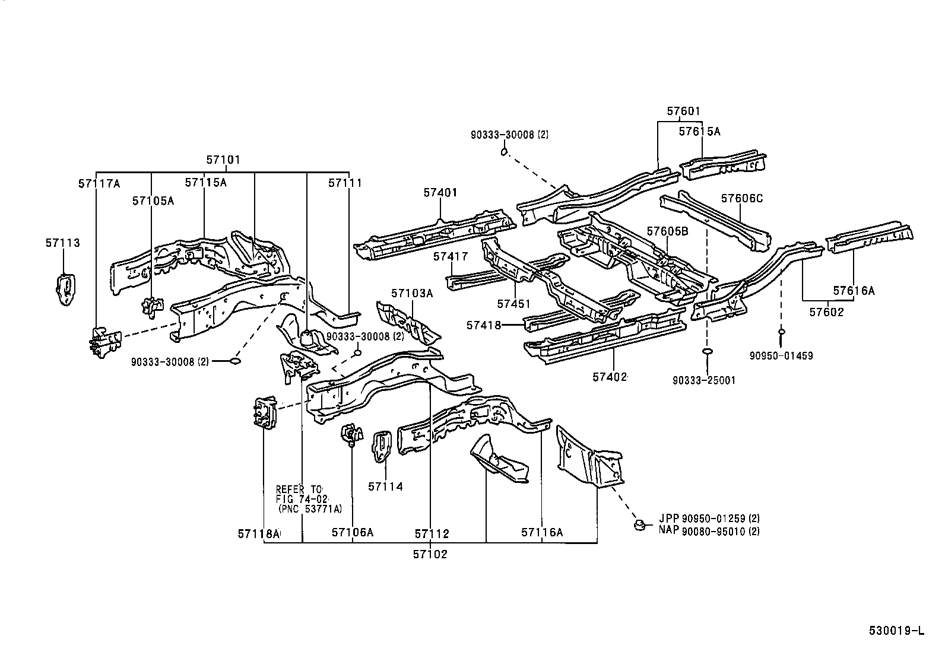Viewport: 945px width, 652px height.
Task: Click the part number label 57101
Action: tap(223, 160)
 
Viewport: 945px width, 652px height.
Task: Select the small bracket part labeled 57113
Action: tap(65, 290)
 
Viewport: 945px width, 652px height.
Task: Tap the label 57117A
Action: tap(99, 184)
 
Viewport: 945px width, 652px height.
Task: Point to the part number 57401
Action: tap(440, 193)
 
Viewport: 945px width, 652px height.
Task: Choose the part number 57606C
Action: tap(742, 198)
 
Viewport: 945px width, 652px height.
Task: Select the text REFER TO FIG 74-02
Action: tap(302, 494)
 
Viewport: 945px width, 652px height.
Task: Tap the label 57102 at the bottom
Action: tap(430, 554)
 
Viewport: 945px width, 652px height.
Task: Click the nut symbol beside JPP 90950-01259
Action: tap(639, 524)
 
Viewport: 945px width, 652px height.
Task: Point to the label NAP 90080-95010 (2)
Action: tap(709, 532)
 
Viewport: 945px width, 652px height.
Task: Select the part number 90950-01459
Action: tap(781, 356)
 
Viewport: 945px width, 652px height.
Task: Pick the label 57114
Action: tap(385, 486)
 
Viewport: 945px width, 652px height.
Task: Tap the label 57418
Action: tap(484, 325)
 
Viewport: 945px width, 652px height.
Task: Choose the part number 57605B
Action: tap(667, 231)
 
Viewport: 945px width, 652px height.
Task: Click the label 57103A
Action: tap(412, 293)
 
